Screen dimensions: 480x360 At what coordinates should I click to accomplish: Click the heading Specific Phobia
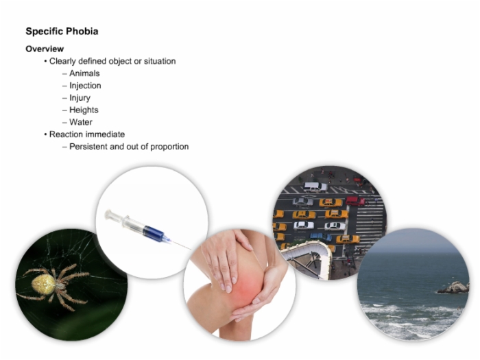[x=62, y=32]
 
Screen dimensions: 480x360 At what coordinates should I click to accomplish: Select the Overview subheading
[x=45, y=49]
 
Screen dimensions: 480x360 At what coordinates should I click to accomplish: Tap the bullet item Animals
[x=84, y=73]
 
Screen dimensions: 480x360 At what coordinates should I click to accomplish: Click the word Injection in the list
[x=85, y=86]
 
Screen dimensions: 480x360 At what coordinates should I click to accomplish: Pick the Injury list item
[x=80, y=98]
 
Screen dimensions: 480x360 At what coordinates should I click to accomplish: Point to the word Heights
[x=84, y=110]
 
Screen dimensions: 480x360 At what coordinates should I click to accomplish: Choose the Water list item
[x=81, y=122]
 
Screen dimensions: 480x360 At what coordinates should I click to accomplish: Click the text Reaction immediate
[x=87, y=134]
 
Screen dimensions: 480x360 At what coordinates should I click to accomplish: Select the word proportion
[x=169, y=147]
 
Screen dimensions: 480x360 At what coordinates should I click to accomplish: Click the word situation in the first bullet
[x=160, y=61]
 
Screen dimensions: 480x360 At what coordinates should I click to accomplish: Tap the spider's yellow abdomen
[x=43, y=284]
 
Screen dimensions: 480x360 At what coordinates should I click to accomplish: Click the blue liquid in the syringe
[x=154, y=233]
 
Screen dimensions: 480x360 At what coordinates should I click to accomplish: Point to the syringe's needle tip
[x=190, y=249]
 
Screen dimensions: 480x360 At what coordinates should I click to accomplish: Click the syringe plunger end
[x=108, y=214]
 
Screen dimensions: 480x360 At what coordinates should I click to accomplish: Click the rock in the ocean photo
[x=454, y=287]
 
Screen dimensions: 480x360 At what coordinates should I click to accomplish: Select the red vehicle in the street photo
[x=355, y=201]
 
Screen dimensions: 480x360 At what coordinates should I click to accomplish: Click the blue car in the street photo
[x=321, y=237]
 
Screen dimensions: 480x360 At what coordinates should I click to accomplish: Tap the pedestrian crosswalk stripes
[x=369, y=223]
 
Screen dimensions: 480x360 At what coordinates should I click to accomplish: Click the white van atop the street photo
[x=315, y=187]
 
